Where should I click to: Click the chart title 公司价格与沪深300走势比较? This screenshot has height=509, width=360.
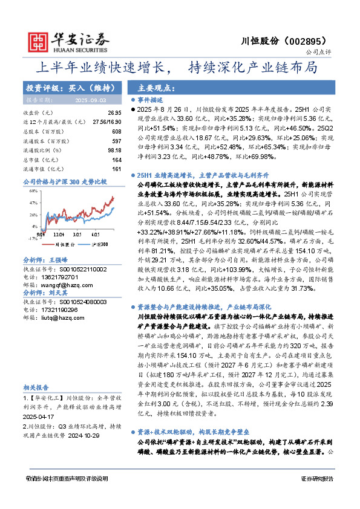[64, 181]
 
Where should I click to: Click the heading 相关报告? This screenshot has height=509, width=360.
[36, 387]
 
